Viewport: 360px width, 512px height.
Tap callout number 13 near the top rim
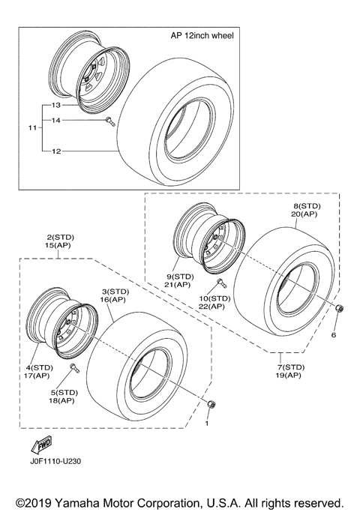(55, 106)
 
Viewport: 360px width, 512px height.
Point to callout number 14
(55, 121)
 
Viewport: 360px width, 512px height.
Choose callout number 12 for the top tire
(55, 151)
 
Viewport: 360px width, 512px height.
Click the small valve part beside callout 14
(109, 121)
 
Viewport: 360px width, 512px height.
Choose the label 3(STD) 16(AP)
(116, 295)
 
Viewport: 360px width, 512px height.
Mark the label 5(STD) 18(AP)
(66, 397)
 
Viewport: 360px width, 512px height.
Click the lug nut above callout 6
(338, 310)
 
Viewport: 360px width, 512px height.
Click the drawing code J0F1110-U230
(55, 462)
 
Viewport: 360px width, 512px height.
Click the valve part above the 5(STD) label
(74, 368)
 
